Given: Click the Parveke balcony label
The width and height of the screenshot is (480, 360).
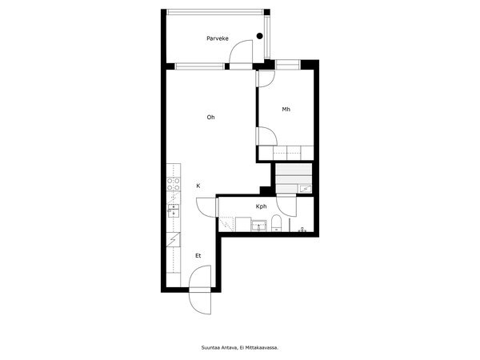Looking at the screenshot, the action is pyautogui.click(x=218, y=38).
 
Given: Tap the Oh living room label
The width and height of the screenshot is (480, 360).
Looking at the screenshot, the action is pyautogui.click(x=210, y=118).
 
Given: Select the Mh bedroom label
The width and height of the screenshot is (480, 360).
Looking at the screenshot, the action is pyautogui.click(x=286, y=110).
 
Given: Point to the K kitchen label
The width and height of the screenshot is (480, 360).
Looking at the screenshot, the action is pyautogui.click(x=198, y=186).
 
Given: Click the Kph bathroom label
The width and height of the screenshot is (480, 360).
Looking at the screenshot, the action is pyautogui.click(x=261, y=206).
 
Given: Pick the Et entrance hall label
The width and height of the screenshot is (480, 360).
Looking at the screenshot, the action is pyautogui.click(x=198, y=256).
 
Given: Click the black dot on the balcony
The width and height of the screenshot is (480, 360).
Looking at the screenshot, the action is pyautogui.click(x=259, y=36).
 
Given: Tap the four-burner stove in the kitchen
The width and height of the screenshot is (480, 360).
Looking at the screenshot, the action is pyautogui.click(x=174, y=184).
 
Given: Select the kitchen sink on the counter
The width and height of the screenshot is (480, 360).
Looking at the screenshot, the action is pyautogui.click(x=174, y=210).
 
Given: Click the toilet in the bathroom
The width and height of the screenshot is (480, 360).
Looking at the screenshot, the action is pyautogui.click(x=277, y=223).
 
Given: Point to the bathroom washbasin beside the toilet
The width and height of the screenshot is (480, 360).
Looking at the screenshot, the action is pyautogui.click(x=259, y=226).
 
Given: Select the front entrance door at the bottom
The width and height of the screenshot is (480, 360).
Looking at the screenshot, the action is pyautogui.click(x=200, y=290).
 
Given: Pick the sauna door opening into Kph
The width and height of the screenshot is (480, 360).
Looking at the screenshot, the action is pyautogui.click(x=286, y=206).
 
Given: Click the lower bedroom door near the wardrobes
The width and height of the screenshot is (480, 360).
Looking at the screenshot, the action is pyautogui.click(x=267, y=136).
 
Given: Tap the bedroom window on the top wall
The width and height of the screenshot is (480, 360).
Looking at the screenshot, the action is pyautogui.click(x=287, y=65).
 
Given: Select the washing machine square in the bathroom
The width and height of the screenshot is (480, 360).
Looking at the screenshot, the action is pyautogui.click(x=243, y=224).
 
